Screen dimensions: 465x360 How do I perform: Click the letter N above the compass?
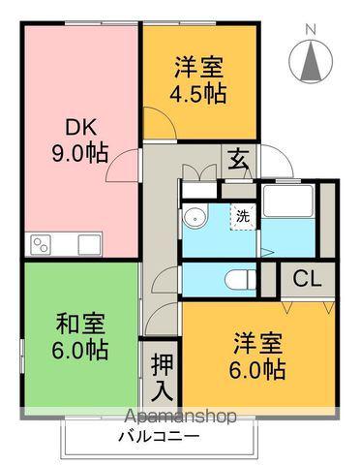point(311,29)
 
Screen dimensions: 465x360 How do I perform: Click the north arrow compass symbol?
point(311,64)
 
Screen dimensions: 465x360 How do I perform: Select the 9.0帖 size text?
point(79,153)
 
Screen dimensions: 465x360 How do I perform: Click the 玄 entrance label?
point(238,159)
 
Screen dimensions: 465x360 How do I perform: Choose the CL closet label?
point(308,279)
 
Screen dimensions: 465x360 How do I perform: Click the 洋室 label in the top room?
point(200,68)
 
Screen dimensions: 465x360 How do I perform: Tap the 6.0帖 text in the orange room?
point(257,369)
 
